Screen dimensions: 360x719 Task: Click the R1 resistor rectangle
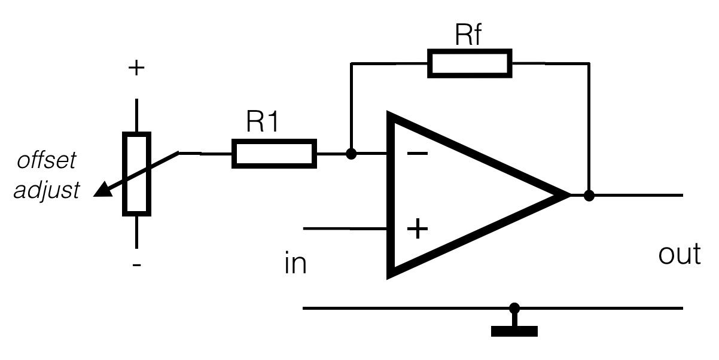pos(274,154)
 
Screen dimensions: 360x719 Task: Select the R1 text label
pos(264,123)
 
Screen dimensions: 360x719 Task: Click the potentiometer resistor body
pos(136,173)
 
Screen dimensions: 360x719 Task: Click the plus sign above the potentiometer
pos(136,68)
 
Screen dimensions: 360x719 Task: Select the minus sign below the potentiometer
pos(137,264)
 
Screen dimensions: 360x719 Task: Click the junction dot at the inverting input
pos(352,154)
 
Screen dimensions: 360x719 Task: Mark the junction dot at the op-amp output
pos(589,195)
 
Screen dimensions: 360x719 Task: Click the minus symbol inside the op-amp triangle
pos(417,154)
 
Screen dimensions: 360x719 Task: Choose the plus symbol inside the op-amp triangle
pos(418,228)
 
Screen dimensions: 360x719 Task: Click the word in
pos(295,263)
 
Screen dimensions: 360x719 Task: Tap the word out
pos(679,255)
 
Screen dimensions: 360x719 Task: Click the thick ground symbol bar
pos(514,331)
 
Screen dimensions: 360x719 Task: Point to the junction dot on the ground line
pos(514,309)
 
